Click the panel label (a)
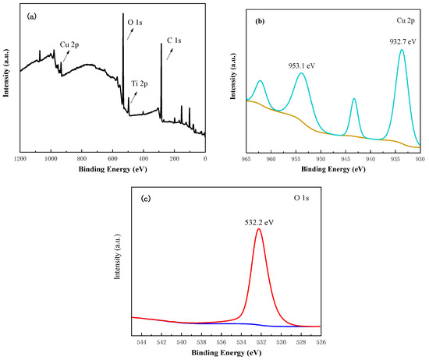(x=28, y=14)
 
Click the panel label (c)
(x=144, y=199)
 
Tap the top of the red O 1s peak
(x=259, y=229)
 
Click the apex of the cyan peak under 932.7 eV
(x=402, y=50)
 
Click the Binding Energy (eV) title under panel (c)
(x=226, y=352)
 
